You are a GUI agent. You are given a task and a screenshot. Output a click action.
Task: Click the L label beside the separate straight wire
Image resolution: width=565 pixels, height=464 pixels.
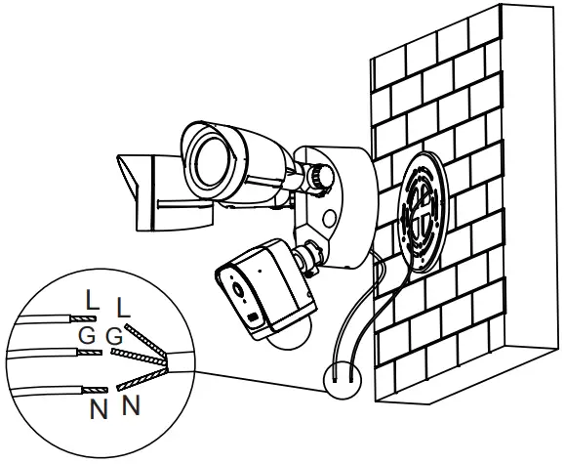tap(91, 301)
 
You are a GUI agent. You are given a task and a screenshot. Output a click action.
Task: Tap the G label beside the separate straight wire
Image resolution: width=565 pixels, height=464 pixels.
tap(87, 336)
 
